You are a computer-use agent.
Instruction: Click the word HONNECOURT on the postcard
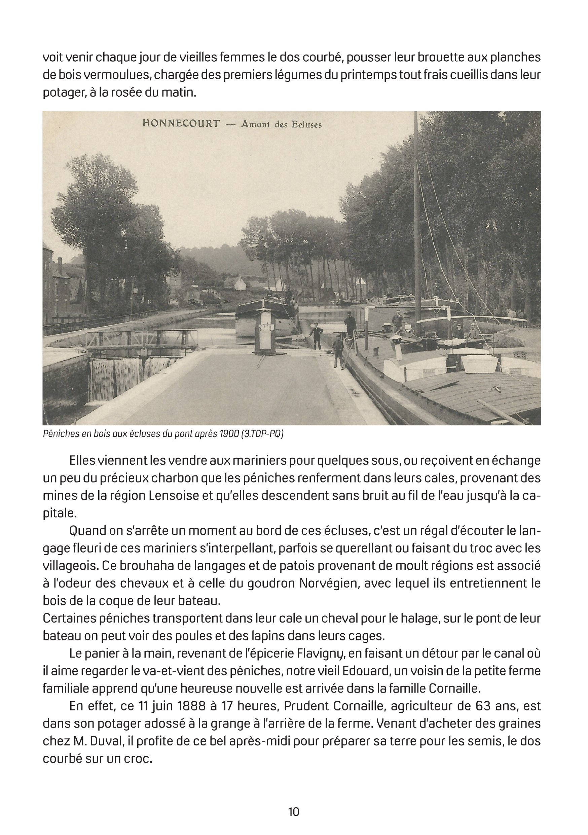coord(181,123)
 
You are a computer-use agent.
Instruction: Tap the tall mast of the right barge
coord(416,218)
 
